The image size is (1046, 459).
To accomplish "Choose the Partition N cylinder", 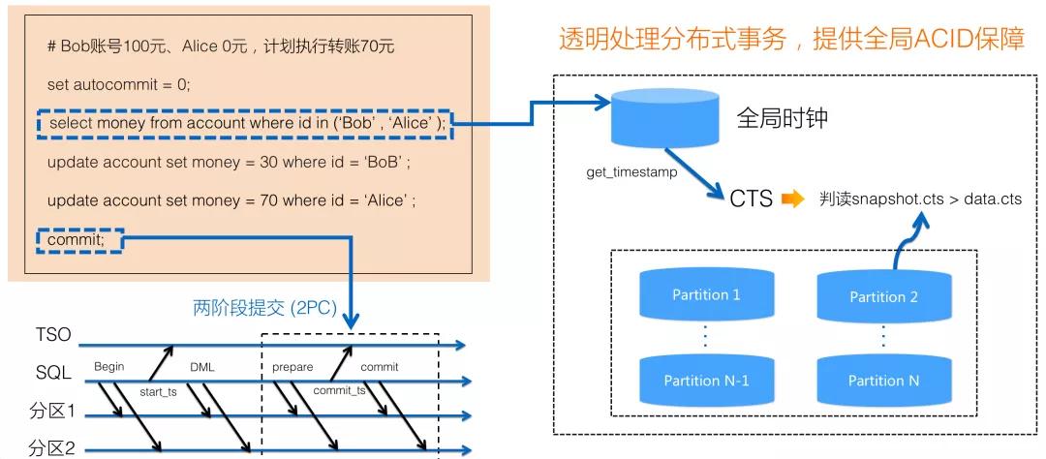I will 883,380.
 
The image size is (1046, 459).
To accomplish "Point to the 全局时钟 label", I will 783,120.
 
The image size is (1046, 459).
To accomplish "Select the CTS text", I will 752,199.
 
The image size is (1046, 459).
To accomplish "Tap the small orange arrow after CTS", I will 793,199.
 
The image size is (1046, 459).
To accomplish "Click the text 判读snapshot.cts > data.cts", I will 920,199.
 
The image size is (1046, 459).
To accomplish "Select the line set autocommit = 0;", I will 119,84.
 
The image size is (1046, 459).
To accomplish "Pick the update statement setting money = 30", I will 230,162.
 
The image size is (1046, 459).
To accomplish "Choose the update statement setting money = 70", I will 231,200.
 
